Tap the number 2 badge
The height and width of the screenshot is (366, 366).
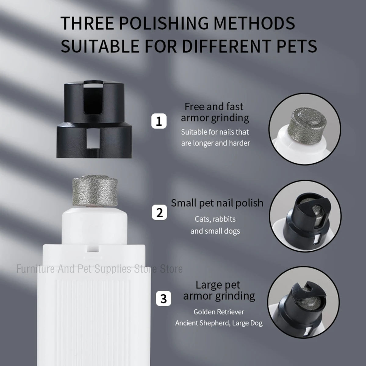(x=160, y=212)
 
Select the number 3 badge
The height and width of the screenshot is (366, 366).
(x=164, y=298)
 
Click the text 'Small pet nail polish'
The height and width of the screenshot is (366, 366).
(x=217, y=203)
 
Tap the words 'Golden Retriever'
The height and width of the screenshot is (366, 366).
(x=219, y=312)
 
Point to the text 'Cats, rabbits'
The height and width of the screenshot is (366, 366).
(x=215, y=219)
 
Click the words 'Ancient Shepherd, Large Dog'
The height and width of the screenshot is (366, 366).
(x=219, y=323)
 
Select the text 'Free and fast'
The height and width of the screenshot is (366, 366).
(x=214, y=107)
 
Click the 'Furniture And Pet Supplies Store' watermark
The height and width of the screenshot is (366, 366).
(x=99, y=269)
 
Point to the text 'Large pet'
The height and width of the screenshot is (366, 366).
(x=218, y=285)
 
